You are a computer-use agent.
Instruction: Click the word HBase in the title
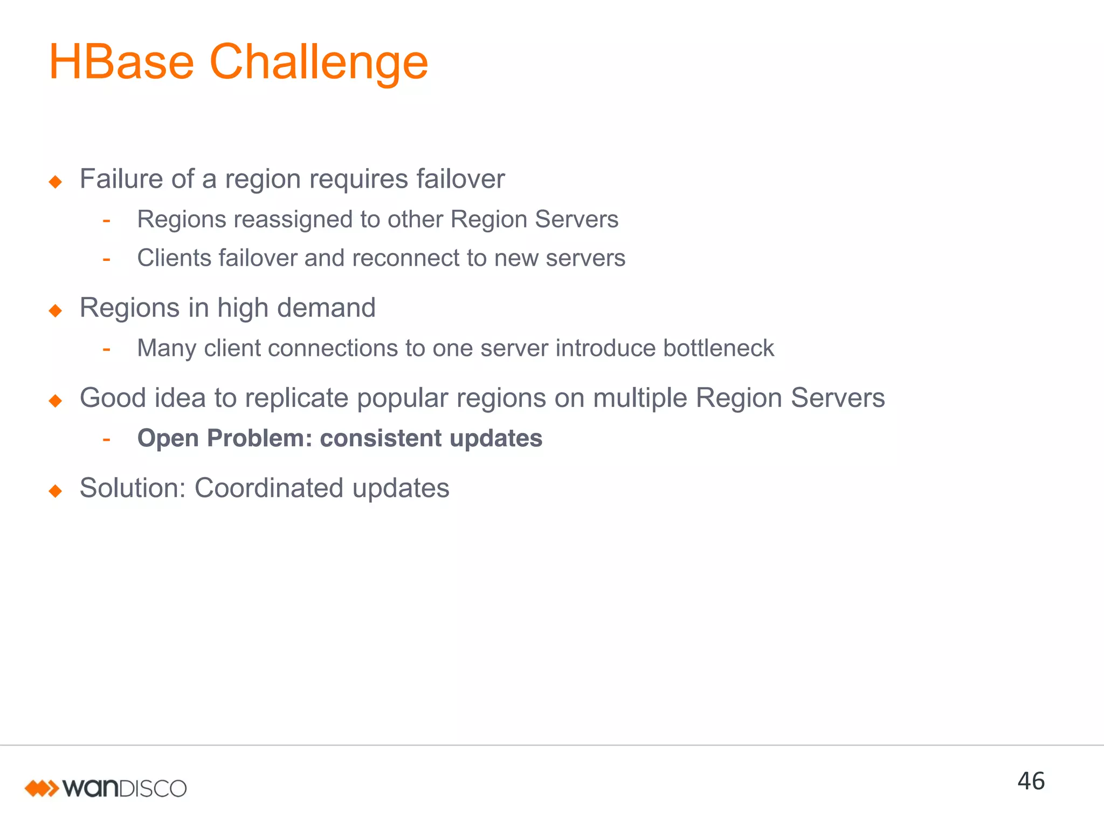121,63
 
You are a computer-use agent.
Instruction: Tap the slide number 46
1031,781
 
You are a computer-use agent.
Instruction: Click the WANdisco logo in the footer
106,788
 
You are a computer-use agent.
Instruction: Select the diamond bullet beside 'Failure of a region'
56,182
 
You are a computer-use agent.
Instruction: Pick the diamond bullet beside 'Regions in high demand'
56,310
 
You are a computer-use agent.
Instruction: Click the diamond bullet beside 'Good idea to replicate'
56,401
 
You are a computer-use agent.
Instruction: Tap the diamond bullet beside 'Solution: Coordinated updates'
56,491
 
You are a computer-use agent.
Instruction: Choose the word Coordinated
268,488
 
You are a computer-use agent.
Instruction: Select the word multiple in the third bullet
639,399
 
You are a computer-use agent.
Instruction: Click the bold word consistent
381,438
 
